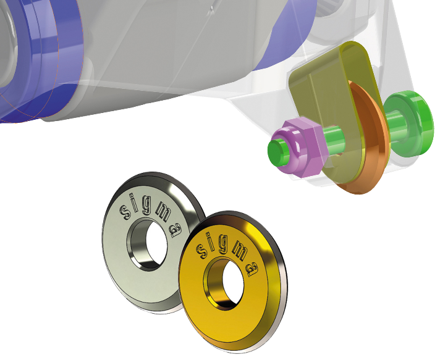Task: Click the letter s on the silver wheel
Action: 125,212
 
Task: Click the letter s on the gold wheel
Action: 203,251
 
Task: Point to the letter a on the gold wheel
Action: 252,269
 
